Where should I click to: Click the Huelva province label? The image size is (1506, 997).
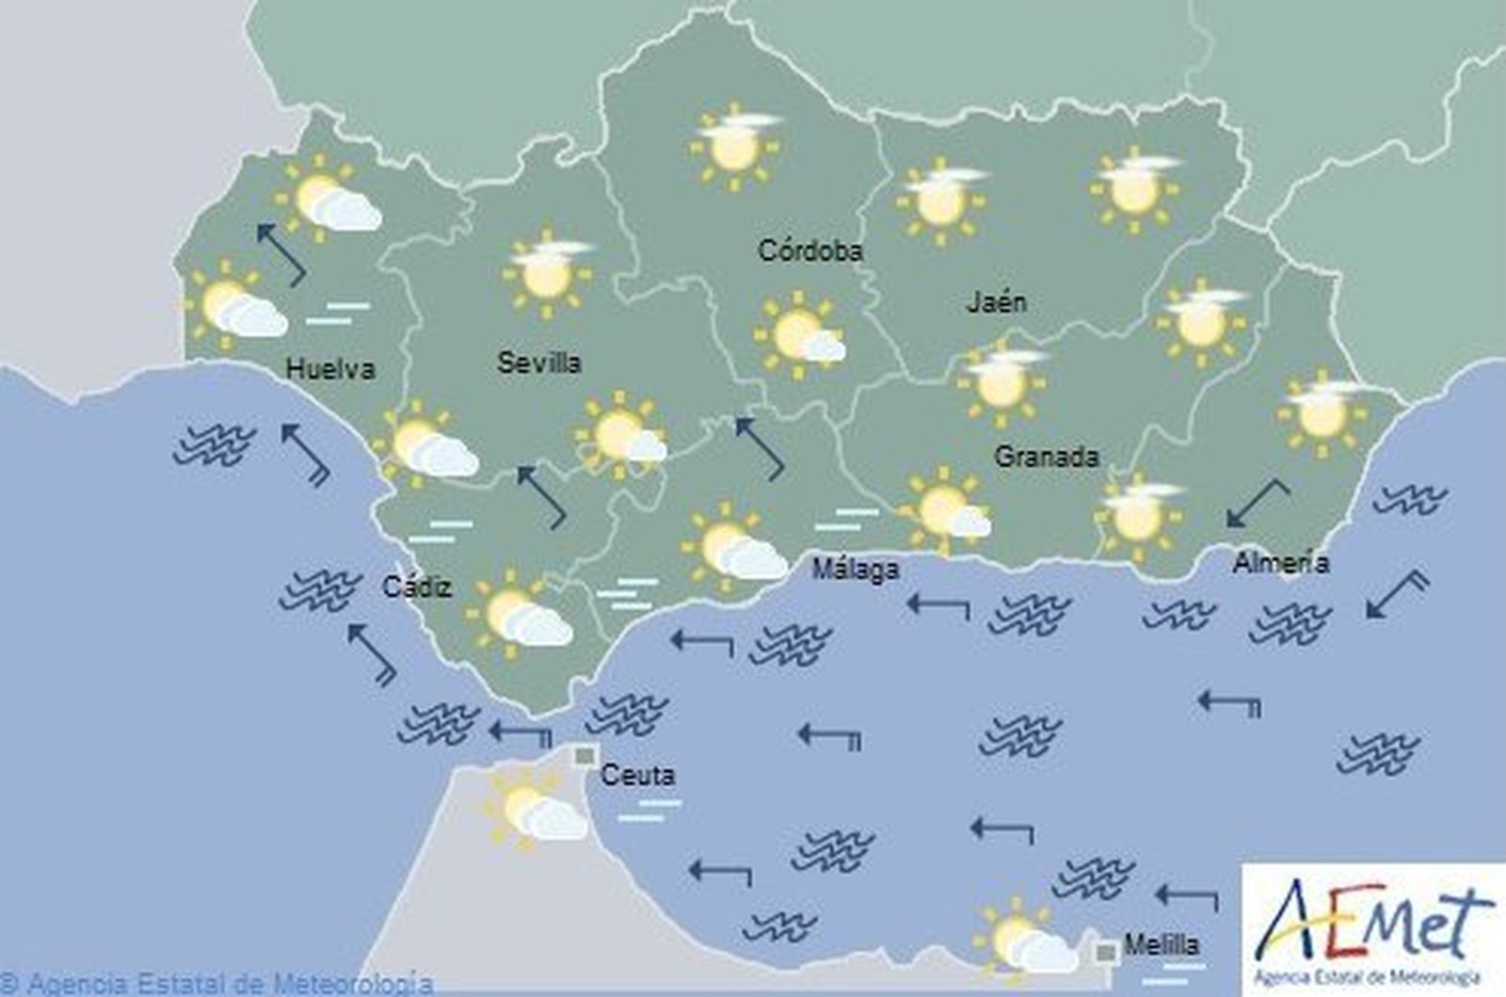[329, 368]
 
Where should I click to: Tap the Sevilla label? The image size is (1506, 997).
[538, 362]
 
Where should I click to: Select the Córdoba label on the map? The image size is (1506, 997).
[809, 250]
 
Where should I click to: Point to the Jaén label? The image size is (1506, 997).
[996, 302]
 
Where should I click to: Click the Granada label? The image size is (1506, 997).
[1046, 457]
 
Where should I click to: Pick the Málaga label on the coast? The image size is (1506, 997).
[855, 569]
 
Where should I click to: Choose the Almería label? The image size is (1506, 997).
[1280, 563]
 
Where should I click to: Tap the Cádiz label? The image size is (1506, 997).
[417, 587]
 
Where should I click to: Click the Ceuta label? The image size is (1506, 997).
[637, 775]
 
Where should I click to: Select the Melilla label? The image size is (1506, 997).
[1161, 944]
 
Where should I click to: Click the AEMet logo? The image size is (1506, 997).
[1373, 923]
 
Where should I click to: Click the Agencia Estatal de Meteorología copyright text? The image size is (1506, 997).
[216, 984]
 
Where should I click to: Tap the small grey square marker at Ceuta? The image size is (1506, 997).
[585, 755]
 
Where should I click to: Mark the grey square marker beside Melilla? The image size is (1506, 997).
[1106, 953]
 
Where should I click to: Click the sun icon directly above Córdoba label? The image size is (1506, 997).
[734, 145]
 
